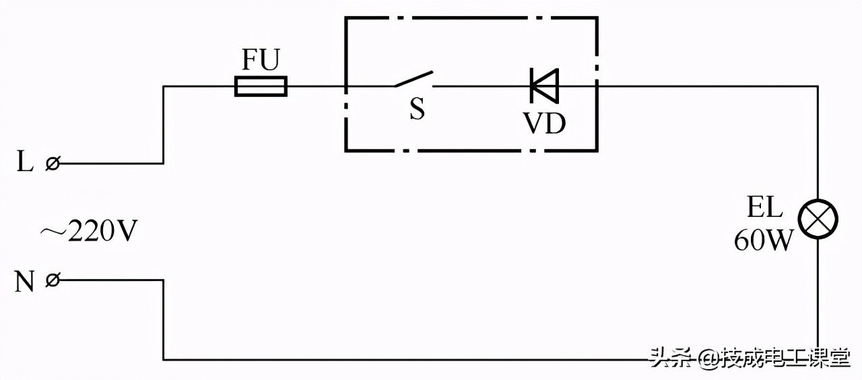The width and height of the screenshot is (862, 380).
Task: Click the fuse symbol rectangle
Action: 261,86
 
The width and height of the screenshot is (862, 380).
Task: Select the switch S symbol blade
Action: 413,80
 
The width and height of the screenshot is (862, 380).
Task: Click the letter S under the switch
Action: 418,110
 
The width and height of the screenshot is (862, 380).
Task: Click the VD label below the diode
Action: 544,123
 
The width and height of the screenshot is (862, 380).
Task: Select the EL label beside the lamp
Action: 764,208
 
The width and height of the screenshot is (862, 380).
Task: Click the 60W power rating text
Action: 764,241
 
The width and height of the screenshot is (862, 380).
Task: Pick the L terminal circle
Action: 52,163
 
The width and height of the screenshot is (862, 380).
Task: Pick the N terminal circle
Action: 52,280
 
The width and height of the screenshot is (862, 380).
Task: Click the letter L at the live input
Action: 25,163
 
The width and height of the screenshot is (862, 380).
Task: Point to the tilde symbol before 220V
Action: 51,232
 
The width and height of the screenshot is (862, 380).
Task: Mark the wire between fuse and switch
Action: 317,86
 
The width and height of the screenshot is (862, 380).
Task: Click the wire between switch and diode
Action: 478,86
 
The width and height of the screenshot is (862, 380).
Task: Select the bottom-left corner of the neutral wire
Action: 163,359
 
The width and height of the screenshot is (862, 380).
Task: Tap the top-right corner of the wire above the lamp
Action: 818,86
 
